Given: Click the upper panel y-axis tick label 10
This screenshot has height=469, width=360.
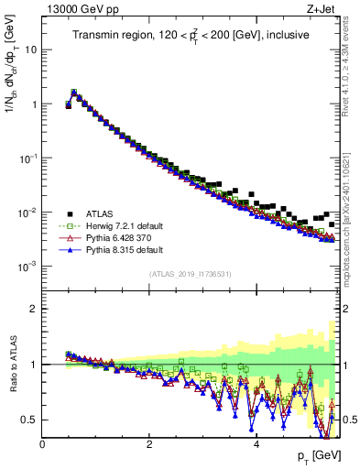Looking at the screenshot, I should pyautogui.click(x=30, y=49).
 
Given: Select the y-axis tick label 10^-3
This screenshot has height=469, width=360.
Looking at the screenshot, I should pyautogui.click(x=28, y=266).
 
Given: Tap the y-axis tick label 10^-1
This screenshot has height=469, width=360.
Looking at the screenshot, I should pyautogui.click(x=28, y=158).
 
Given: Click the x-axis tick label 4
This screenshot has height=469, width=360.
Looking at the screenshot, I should pyautogui.click(x=256, y=445).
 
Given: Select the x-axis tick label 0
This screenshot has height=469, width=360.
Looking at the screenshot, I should pyautogui.click(x=43, y=445).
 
